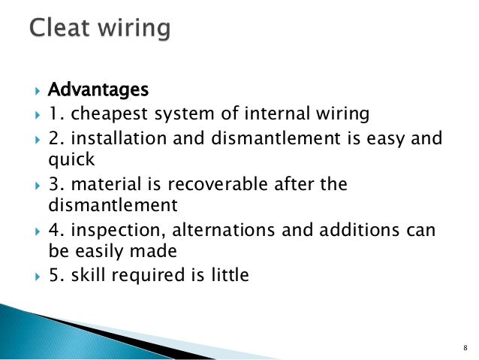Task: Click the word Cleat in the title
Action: pyautogui.click(x=59, y=30)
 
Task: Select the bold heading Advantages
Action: pyautogui.click(x=98, y=91)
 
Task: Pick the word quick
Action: pyautogui.click(x=67, y=160)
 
